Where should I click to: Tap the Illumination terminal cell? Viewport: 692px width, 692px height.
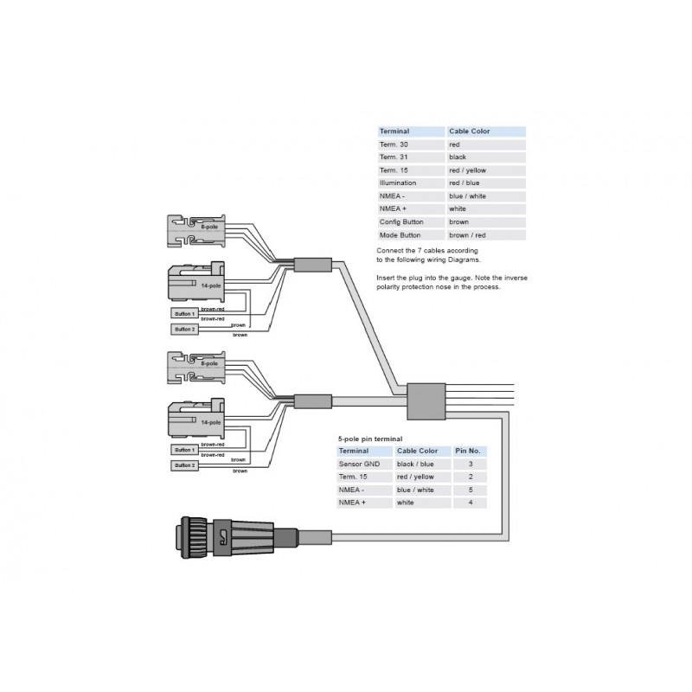[x=398, y=183]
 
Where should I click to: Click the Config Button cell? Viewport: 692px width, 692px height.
[x=400, y=222]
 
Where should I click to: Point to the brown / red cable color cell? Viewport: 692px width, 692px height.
[x=467, y=235]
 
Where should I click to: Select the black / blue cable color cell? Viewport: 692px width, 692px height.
[x=415, y=465]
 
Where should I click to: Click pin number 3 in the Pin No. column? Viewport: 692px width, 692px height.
[x=471, y=465]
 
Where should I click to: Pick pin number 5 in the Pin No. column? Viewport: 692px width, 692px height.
[x=471, y=490]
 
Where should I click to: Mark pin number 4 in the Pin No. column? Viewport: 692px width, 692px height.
[x=471, y=503]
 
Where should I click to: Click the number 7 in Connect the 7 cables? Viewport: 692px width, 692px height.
[x=416, y=250]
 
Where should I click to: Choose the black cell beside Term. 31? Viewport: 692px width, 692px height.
[x=458, y=157]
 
